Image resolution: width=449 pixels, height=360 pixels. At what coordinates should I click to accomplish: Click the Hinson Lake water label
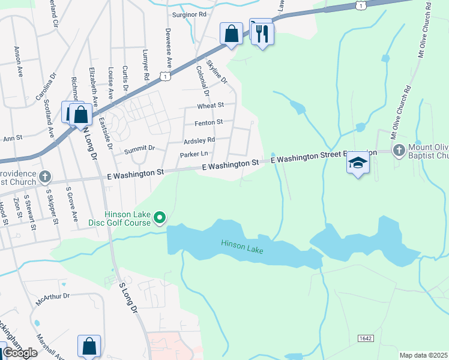(x=243, y=243)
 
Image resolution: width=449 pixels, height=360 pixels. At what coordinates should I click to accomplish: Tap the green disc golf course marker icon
(x=160, y=217)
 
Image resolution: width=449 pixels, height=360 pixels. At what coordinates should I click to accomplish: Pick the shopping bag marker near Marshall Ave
(x=89, y=346)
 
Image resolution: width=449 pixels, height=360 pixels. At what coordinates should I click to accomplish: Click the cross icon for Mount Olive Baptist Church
(x=399, y=149)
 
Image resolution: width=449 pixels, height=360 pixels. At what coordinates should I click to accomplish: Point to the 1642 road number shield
(x=368, y=338)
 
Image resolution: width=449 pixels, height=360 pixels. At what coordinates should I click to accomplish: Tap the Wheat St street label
(x=210, y=105)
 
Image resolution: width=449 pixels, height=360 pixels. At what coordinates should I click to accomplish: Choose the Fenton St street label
(x=208, y=122)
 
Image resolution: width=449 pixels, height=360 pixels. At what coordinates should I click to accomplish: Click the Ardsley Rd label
(x=199, y=140)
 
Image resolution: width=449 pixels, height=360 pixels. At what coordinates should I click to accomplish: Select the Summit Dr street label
(x=139, y=148)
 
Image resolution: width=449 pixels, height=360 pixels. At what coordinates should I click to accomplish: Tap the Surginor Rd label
(x=189, y=14)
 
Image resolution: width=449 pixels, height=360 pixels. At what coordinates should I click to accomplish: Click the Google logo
(x=20, y=353)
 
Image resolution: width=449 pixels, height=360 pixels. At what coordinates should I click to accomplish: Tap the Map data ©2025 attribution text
(x=423, y=355)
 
